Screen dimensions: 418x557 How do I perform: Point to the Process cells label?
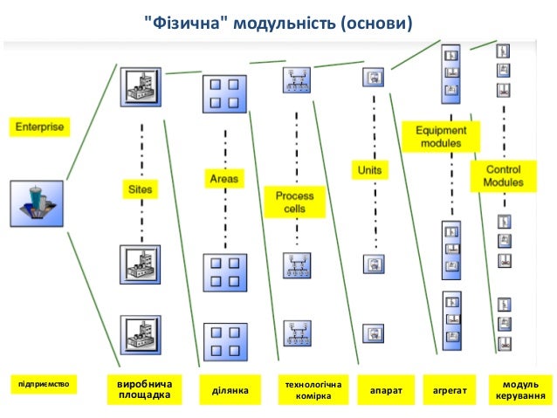pos(295,202)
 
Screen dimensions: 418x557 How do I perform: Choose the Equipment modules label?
pos(441,137)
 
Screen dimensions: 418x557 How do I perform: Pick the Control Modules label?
pos(504,176)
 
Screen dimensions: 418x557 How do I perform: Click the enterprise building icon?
pos(37,203)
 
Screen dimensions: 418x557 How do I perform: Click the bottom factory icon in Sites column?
pos(140,334)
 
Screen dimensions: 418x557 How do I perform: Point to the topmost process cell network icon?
pos(296,80)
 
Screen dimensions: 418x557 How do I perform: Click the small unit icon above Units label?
pos(373,78)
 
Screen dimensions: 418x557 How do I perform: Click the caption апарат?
pos(386,391)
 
